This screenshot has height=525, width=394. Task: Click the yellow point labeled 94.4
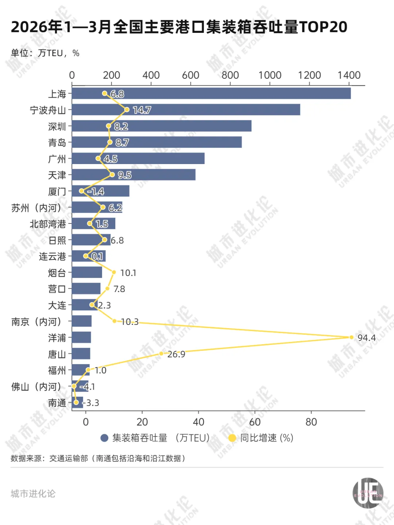[x=351, y=337]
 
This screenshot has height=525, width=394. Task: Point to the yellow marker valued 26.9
[x=161, y=354]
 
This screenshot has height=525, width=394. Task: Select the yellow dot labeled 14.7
[x=127, y=109]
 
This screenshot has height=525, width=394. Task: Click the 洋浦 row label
[x=57, y=338]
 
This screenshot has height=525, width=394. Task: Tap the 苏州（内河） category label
[x=36, y=208]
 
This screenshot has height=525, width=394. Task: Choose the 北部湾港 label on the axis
[x=48, y=224]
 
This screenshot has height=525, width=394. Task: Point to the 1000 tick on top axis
[x=270, y=75]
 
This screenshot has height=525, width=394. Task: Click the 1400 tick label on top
[x=349, y=75]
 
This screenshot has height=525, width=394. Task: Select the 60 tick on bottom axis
[x=255, y=422]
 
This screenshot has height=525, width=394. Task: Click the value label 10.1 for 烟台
[x=128, y=273]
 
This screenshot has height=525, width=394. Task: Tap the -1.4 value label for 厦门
[x=96, y=191]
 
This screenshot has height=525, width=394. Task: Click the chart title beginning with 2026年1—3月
[x=179, y=27]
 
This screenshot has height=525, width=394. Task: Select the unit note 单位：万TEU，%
[x=45, y=53]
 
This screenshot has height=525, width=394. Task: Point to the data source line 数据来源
[x=98, y=458]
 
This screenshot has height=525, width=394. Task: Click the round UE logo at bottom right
[x=368, y=493]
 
